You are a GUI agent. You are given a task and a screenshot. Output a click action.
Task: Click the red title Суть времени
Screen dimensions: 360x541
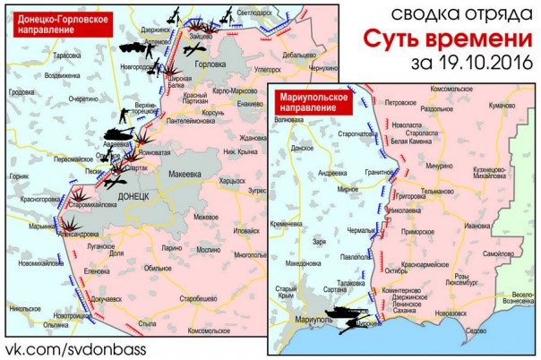pos(442,40)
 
